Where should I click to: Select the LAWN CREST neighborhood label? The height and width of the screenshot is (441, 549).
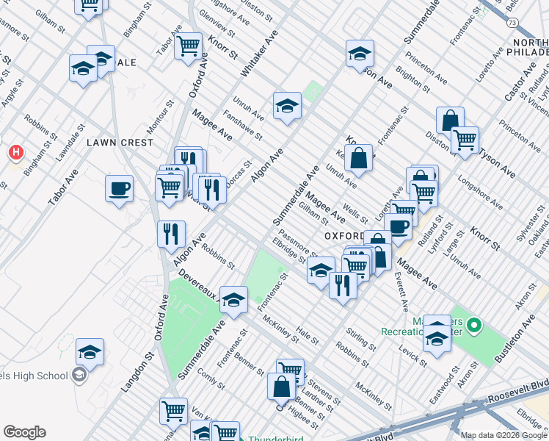click(120, 142)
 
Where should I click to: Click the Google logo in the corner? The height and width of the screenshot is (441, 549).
click(24, 432)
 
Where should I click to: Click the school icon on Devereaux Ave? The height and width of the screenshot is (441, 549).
click(233, 301)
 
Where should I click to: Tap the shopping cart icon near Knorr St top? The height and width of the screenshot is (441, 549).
click(189, 46)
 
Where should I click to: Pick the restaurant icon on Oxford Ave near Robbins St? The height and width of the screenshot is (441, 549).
click(170, 234)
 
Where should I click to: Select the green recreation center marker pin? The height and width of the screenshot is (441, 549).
click(474, 324)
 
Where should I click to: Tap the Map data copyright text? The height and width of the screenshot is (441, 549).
click(503, 435)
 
